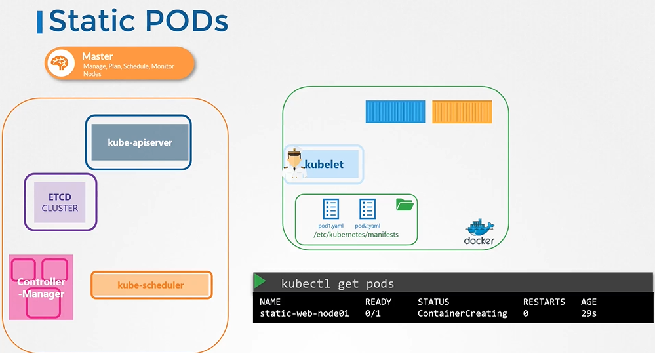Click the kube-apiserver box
pyautogui.click(x=140, y=142)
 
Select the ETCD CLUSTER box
pyautogui.click(x=60, y=202)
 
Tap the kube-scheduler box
pyautogui.click(x=151, y=285)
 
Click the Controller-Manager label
pyautogui.click(x=41, y=288)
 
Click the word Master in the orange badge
pyautogui.click(x=98, y=56)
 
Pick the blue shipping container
pyautogui.click(x=395, y=112)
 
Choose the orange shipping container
pyautogui.click(x=462, y=112)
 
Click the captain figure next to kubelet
pyautogui.click(x=293, y=164)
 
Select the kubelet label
pyautogui.click(x=324, y=164)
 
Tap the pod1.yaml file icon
pyautogui.click(x=331, y=209)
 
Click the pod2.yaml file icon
pyautogui.click(x=367, y=209)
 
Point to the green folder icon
pyautogui.click(x=405, y=205)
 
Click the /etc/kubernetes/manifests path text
pyautogui.click(x=356, y=234)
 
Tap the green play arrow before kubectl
pyautogui.click(x=260, y=282)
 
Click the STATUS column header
pyautogui.click(x=433, y=302)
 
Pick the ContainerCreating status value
pyautogui.click(x=462, y=313)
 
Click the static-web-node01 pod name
pyautogui.click(x=304, y=313)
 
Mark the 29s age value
pyautogui.click(x=589, y=313)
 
